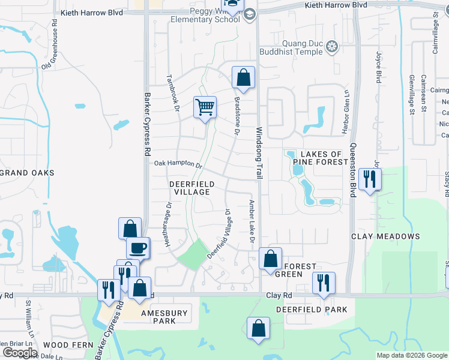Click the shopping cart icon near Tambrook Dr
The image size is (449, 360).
[205, 107]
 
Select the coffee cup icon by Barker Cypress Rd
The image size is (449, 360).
[137, 247]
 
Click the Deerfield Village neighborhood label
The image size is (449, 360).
[190, 188]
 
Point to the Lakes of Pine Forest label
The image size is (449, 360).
[320, 158]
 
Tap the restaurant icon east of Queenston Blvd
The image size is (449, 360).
[369, 178]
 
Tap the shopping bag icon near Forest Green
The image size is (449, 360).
[271, 259]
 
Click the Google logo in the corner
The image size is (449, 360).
[20, 353]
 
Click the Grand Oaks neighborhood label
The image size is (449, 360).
[26, 173]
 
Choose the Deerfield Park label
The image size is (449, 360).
[312, 310]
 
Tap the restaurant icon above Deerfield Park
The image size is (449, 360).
[324, 283]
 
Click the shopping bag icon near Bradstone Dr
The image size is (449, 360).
[243, 77]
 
